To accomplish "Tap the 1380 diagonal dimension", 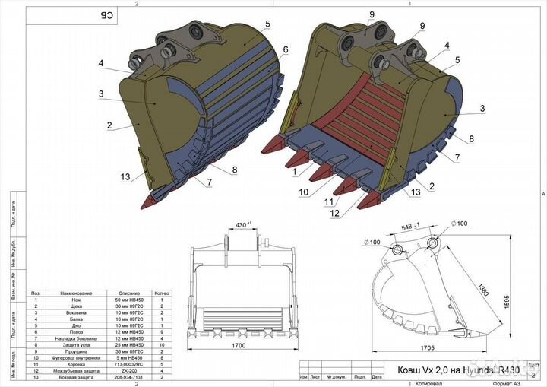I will (483, 290).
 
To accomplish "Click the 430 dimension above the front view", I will (242, 225).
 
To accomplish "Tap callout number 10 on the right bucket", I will (304, 192).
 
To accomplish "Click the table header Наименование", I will (77, 293).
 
